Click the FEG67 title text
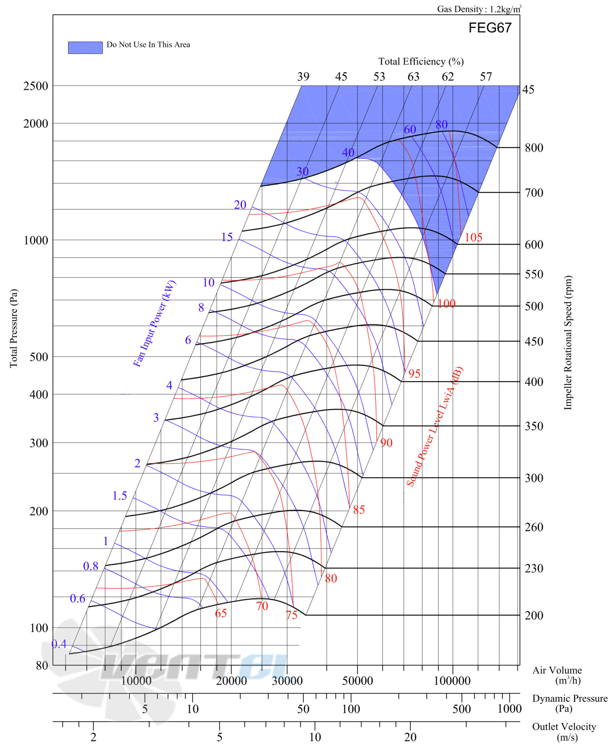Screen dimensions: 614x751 (x=490, y=28)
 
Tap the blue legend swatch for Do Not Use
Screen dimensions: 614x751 (x=85, y=48)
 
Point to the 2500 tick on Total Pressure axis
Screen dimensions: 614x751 (x=36, y=86)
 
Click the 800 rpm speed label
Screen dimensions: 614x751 (x=534, y=148)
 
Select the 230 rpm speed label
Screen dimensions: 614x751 (x=534, y=568)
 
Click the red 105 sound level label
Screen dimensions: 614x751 (x=473, y=237)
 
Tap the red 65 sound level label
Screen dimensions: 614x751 (x=221, y=613)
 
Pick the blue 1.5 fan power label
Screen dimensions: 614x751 (x=119, y=495)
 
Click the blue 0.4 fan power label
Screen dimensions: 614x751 (x=59, y=644)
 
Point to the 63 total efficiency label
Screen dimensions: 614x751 (x=413, y=77)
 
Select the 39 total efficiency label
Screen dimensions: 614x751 (x=303, y=77)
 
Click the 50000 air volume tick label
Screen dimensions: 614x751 (x=357, y=681)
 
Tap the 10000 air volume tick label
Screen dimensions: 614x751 (x=136, y=681)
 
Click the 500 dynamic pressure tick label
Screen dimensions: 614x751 (x=461, y=709)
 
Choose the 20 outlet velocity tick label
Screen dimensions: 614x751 (x=410, y=737)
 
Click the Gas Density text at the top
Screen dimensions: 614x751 (x=479, y=9)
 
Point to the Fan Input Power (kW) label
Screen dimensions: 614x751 (x=154, y=323)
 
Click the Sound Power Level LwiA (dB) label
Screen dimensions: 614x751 (x=434, y=426)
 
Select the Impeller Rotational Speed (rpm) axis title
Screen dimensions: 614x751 (x=567, y=343)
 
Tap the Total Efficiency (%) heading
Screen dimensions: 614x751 (x=421, y=61)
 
